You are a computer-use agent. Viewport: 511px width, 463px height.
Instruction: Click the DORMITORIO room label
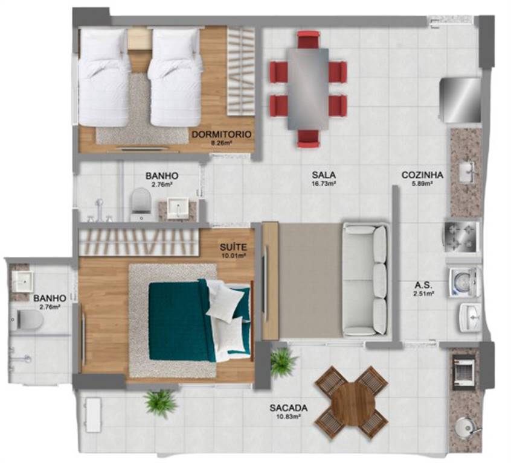pyautogui.click(x=222, y=134)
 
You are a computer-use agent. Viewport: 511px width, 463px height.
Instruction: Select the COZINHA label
pyautogui.click(x=422, y=175)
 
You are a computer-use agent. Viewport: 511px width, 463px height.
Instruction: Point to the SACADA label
pyautogui.click(x=289, y=408)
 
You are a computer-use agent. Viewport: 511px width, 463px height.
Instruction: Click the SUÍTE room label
pyautogui.click(x=233, y=248)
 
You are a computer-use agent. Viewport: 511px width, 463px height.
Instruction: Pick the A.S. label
pyautogui.click(x=423, y=286)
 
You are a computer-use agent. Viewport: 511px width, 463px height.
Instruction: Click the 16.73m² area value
pyautogui.click(x=324, y=183)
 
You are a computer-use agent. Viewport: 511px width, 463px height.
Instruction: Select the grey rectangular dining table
pyautogui.click(x=308, y=89)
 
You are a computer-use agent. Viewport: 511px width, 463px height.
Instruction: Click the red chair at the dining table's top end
pyautogui.click(x=308, y=39)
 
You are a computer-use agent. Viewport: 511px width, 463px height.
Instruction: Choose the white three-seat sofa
pyautogui.click(x=365, y=280)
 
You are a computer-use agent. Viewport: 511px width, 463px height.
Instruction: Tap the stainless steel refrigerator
pyautogui.click(x=460, y=100)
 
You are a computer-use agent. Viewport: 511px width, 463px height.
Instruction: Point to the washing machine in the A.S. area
pyautogui.click(x=464, y=282)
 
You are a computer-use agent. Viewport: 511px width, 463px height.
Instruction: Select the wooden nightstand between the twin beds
pyautogui.click(x=139, y=39)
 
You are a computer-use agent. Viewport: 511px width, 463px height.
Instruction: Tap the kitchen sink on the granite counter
pyautogui.click(x=468, y=172)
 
